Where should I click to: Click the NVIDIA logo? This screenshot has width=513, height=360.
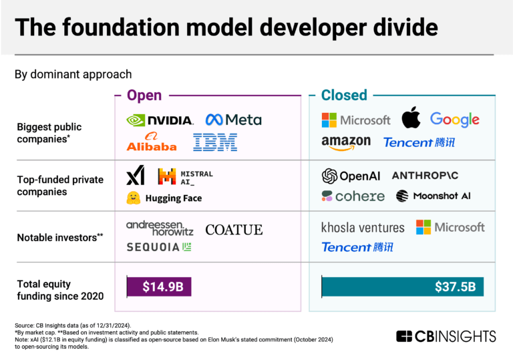point(160,120)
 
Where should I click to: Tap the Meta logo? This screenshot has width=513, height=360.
point(233,120)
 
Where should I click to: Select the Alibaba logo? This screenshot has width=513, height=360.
point(151,142)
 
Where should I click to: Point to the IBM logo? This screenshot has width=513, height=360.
point(215,142)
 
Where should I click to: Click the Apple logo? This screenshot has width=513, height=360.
point(410,119)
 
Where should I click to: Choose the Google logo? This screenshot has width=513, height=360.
point(454,120)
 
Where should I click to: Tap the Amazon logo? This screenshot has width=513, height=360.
point(345,142)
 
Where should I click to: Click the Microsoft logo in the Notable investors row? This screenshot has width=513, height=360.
point(450,227)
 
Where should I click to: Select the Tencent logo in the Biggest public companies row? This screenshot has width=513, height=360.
point(418,142)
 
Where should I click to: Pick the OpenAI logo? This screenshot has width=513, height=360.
point(351,176)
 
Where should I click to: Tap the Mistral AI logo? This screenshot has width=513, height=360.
point(185,176)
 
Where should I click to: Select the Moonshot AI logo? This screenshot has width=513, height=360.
point(433,196)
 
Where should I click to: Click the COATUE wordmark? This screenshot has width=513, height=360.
point(234,230)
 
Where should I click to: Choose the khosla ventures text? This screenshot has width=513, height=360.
point(363,228)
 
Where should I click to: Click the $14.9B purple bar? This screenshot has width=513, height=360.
point(159,287)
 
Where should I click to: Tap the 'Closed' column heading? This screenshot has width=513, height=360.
point(344,95)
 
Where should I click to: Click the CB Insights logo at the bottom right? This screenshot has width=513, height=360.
point(446,336)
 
